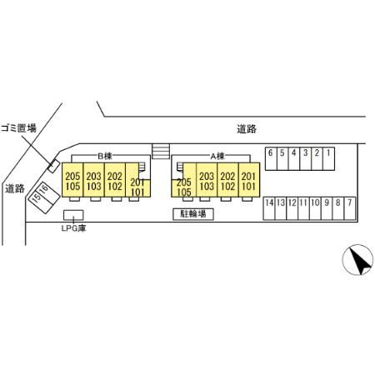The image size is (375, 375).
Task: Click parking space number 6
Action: pyautogui.click(x=271, y=158)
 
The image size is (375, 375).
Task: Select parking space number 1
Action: pyautogui.click(x=328, y=158)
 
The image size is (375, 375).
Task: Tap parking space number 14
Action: pyautogui.click(x=269, y=208)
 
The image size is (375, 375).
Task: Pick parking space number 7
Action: pyautogui.click(x=350, y=208)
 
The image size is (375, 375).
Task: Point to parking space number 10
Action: pyautogui.click(x=315, y=208)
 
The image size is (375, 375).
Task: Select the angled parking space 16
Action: pyautogui.click(x=47, y=192)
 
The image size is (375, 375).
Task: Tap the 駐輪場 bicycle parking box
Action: pyautogui.click(x=193, y=214)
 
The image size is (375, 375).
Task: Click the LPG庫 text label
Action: pyautogui.click(x=74, y=228)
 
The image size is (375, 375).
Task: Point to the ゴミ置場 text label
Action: pyautogui.click(x=18, y=128)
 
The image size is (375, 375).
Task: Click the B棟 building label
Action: pyautogui.click(x=105, y=156)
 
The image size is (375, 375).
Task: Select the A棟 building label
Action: pyautogui.click(x=217, y=156)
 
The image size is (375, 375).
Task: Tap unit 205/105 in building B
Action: pyautogui.click(x=72, y=180)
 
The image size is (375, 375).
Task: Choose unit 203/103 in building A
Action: pyautogui.click(x=207, y=180)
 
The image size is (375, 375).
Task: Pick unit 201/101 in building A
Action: pyautogui.click(x=249, y=180)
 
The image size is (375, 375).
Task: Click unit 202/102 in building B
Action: pyautogui.click(x=115, y=180)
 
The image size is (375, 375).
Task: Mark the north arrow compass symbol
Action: pyautogui.click(x=357, y=260)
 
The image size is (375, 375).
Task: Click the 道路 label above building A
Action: pyautogui.click(x=247, y=129)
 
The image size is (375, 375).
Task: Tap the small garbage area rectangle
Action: pyautogui.click(x=53, y=166)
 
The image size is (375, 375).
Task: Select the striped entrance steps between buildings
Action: pyautogui.click(x=161, y=151)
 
